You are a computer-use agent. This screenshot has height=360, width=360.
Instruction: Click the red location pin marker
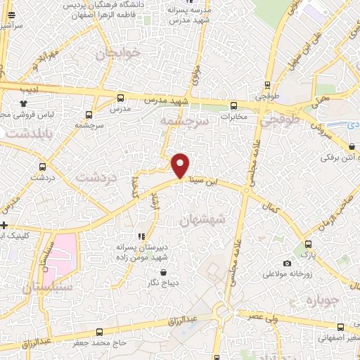pyautogui.click(x=181, y=165)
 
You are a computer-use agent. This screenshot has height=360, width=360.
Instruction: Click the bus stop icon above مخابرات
pyautogui.click(x=233, y=106)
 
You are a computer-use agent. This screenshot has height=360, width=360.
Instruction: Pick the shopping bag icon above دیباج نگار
pyautogui.click(x=163, y=272)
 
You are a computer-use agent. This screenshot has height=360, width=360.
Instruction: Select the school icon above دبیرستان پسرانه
pyautogui.click(x=141, y=236)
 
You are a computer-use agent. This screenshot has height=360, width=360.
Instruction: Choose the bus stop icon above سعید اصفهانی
pyautogui.click(x=341, y=327)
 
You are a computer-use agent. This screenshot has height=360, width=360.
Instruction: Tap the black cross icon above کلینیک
pyautogui.click(x=4, y=226)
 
